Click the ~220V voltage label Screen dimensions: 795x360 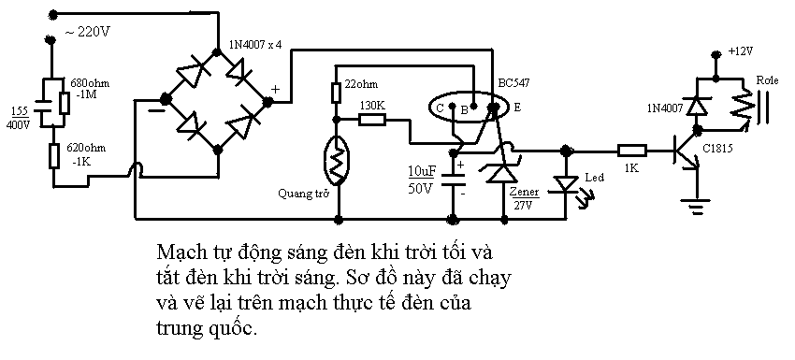(88, 33)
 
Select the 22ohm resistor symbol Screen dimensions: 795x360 (336, 94)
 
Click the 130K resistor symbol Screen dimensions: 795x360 (372, 121)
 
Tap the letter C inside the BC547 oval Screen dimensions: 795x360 (439, 108)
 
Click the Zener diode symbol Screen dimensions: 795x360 (504, 171)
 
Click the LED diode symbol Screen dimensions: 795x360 (565, 183)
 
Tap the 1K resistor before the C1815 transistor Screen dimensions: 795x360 (631, 151)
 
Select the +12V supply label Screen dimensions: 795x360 (741, 51)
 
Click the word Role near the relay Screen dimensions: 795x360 (767, 80)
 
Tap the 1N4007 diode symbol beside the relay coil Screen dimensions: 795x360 (698, 106)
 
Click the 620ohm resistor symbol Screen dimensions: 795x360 (53, 155)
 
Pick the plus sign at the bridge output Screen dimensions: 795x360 (276, 89)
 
